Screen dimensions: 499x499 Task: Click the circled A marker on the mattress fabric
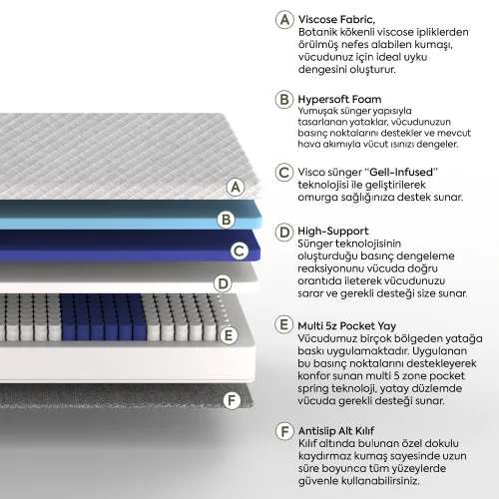pyautogui.click(x=236, y=187)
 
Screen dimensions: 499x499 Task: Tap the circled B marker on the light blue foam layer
pyautogui.click(x=227, y=220)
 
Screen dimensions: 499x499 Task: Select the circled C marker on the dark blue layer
pyautogui.click(x=240, y=250)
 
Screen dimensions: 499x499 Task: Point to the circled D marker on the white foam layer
pyautogui.click(x=223, y=283)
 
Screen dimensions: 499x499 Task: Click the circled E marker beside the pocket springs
pyautogui.click(x=229, y=335)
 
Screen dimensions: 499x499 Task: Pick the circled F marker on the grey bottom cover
pyautogui.click(x=232, y=400)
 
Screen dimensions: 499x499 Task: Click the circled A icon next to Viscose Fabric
pyautogui.click(x=284, y=20)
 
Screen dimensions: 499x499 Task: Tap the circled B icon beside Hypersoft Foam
pyautogui.click(x=284, y=99)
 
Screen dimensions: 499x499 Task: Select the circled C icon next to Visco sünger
pyautogui.click(x=284, y=173)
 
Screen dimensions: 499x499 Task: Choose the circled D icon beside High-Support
pyautogui.click(x=284, y=232)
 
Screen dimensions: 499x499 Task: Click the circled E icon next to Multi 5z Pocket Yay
pyautogui.click(x=284, y=324)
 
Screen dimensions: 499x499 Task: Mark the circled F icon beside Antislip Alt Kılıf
pyautogui.click(x=284, y=431)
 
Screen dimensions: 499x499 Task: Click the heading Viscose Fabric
pyautogui.click(x=336, y=20)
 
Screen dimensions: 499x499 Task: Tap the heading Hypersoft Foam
pyautogui.click(x=339, y=99)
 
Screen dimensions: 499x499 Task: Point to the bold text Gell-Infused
pyautogui.click(x=401, y=172)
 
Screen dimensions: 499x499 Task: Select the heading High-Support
pyautogui.click(x=333, y=231)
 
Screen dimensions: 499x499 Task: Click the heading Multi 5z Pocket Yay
pyautogui.click(x=347, y=326)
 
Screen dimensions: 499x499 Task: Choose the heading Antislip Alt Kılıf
pyautogui.click(x=336, y=431)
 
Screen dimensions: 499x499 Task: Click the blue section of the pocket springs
pyautogui.click(x=103, y=317)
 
